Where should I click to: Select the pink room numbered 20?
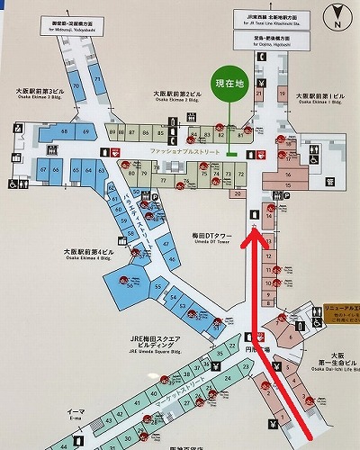pos(238,193)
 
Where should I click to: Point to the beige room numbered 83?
pos(218,136)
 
